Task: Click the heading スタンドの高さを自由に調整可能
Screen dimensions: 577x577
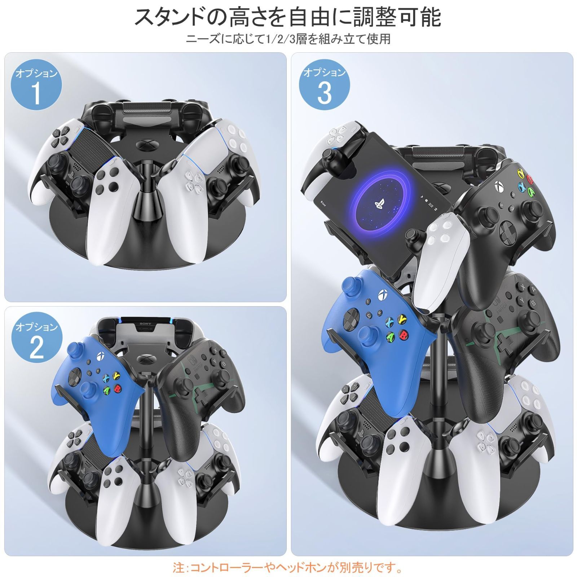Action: coord(288,17)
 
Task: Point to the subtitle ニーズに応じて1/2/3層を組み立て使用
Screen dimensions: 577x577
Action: coord(288,39)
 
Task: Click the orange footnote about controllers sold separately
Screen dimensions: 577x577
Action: coord(288,568)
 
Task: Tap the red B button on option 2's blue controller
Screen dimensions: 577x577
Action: coord(117,389)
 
